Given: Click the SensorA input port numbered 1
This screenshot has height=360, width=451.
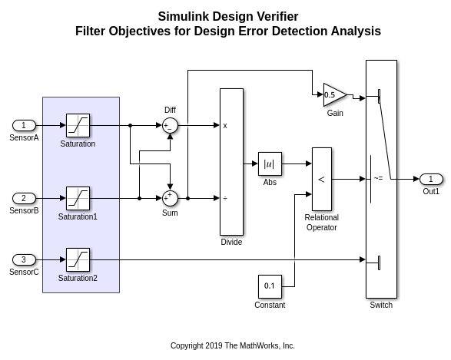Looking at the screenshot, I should click(24, 125).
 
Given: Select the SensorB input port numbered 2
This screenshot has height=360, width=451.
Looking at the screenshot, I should click(24, 198).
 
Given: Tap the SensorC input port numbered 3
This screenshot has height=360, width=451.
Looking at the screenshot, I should click(24, 259).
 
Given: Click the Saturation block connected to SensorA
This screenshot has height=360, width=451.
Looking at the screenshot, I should click(78, 125).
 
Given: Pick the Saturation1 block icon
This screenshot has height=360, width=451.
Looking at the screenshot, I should click(78, 198).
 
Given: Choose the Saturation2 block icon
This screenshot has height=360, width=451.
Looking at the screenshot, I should click(78, 259).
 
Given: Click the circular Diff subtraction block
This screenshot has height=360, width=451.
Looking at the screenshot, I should click(170, 125).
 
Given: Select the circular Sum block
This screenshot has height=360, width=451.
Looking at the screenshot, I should click(170, 198).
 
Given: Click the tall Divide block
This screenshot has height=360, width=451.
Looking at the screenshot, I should click(231, 161).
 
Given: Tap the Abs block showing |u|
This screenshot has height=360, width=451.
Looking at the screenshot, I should click(270, 163).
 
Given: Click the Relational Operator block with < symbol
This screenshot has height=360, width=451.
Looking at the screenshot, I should click(321, 179).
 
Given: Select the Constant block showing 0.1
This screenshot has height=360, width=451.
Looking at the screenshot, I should click(270, 286).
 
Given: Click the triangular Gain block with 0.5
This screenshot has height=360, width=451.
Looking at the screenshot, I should click(333, 95).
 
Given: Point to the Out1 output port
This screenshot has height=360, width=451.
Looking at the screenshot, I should click(431, 179).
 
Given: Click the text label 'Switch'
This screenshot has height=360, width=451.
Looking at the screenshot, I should click(381, 306).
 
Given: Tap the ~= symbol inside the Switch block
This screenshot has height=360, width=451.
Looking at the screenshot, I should click(378, 179).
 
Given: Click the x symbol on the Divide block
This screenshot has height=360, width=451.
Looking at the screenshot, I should click(225, 125).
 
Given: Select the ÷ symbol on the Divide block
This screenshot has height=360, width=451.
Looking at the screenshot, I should click(225, 198).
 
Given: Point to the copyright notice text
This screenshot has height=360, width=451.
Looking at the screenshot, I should click(232, 345).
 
